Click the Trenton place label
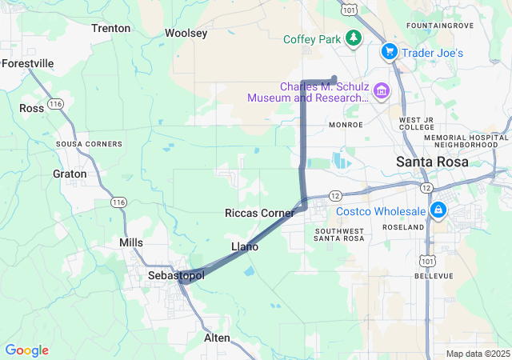(x=110, y=28)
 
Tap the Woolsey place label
(x=186, y=33)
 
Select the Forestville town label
(x=28, y=63)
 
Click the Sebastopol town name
(x=177, y=275)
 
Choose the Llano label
(x=244, y=246)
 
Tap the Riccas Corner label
(x=259, y=214)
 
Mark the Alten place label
(x=217, y=338)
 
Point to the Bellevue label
(x=434, y=276)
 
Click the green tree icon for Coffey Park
(x=353, y=38)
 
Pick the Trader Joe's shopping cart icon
(x=389, y=52)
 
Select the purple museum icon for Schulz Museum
(x=380, y=92)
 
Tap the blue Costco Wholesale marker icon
(x=438, y=211)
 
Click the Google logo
(x=26, y=350)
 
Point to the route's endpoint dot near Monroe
(x=334, y=78)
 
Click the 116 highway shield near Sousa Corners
(x=55, y=104)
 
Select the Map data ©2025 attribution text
(x=477, y=354)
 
